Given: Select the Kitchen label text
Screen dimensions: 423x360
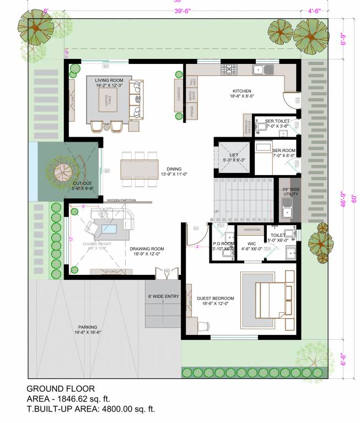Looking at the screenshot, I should click(241, 91).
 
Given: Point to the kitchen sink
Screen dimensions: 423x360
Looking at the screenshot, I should click(261, 69).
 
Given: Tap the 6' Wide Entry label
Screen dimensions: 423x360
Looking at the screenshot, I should click(163, 296).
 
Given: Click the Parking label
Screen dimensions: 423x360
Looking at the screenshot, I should click(88, 328).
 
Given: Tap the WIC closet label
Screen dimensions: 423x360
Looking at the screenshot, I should click(251, 243).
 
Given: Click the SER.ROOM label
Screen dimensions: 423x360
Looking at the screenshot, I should click(284, 150).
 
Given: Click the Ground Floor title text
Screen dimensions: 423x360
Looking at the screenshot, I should click(60, 388).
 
